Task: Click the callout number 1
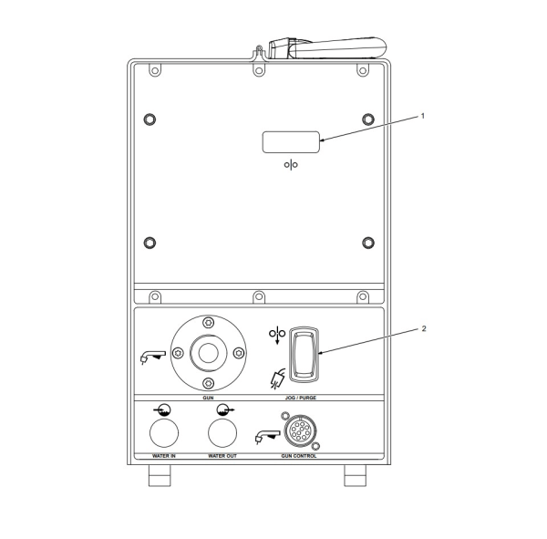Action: pyautogui.click(x=422, y=116)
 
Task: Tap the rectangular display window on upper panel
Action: pyautogui.click(x=291, y=141)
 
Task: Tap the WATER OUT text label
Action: pyautogui.click(x=222, y=454)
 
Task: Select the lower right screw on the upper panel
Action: pyautogui.click(x=368, y=242)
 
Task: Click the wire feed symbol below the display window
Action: pyautogui.click(x=291, y=166)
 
